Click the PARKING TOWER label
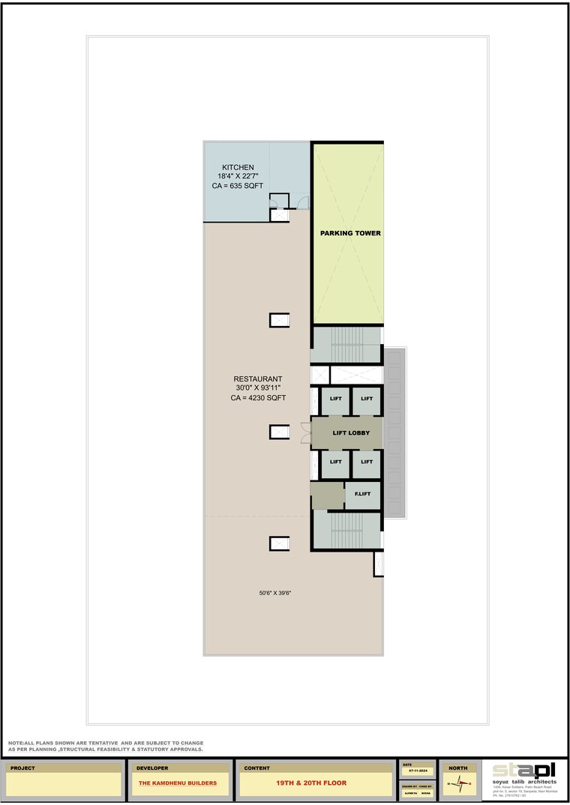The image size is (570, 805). point(350,233)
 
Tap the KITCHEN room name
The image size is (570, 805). point(238,167)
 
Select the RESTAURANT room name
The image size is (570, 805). point(258,379)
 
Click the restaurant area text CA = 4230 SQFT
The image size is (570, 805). point(258,399)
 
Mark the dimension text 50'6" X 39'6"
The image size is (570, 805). point(274,593)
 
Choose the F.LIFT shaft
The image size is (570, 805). point(362,495)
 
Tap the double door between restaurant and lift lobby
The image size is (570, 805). point(305,433)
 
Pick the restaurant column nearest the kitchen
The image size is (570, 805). point(279,320)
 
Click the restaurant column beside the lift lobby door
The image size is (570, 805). point(279,432)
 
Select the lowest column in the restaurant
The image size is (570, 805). point(279,544)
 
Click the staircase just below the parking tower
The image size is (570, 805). point(346,345)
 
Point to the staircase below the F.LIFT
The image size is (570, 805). point(346,531)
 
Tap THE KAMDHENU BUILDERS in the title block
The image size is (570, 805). point(178,783)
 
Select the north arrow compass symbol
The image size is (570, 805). point(457,784)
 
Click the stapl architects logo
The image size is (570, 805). point(524,771)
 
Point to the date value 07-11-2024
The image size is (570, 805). point(418,771)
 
